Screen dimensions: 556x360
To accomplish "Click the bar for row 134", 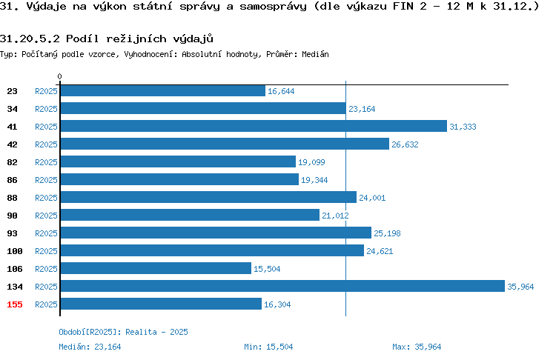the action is coord(282,286).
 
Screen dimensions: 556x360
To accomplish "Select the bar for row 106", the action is coord(156,268).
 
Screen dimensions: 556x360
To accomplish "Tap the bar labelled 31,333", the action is coord(254,126).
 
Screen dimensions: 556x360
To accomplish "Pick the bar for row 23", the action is coord(163,90).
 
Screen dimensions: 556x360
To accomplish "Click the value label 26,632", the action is coord(405,144).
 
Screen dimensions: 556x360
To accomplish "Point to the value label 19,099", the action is coord(311,162).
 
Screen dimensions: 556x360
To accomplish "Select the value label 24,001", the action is coord(372,198).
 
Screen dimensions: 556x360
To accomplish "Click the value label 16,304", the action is coord(277,304).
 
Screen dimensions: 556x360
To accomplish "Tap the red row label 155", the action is coord(15,304).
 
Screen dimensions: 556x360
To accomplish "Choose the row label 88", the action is coord(12,198).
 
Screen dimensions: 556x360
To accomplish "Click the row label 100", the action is coord(15,251).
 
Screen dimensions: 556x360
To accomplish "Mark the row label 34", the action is coord(12,109).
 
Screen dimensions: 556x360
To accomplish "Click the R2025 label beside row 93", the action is coord(46,233).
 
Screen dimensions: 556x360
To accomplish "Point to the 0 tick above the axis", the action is coord(59,76).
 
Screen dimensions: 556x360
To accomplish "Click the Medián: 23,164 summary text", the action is coord(90,347).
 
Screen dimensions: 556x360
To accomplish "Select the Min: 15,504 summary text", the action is coord(268,347).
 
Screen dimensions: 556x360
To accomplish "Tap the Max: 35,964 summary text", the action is coord(417,347).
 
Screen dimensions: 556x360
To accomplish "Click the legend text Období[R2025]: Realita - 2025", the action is coord(123,332).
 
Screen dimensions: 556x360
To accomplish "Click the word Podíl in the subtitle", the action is coord(82,39).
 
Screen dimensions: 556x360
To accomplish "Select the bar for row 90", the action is coord(190,215).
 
